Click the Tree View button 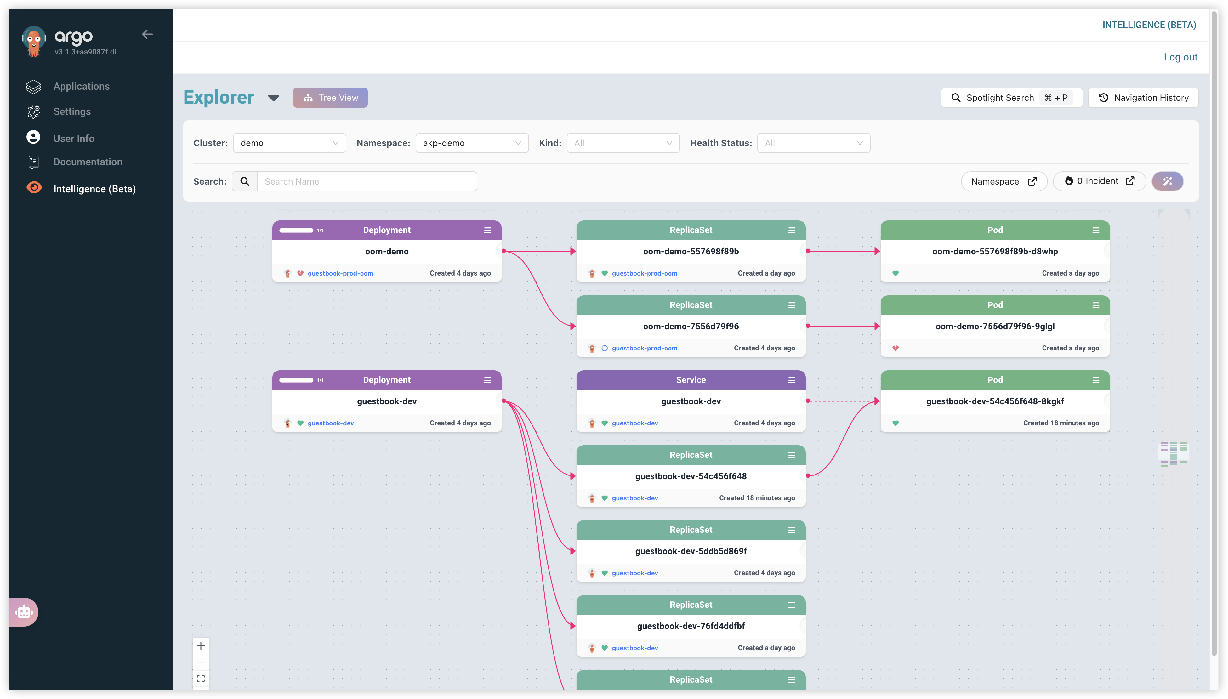[x=330, y=98]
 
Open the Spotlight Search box [x=1011, y=98]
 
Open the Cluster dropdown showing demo [x=289, y=143]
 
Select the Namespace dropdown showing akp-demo [x=472, y=143]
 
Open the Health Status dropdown [x=814, y=143]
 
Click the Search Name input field [x=367, y=181]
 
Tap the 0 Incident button [x=1099, y=181]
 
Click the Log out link [x=1180, y=57]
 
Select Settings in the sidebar [x=72, y=111]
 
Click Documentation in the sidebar [x=88, y=162]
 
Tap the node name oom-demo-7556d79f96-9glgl [x=995, y=327]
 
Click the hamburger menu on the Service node [x=792, y=380]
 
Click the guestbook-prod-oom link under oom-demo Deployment [x=340, y=273]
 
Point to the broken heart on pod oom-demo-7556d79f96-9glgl [x=895, y=348]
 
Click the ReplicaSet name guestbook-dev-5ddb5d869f [x=691, y=551]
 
